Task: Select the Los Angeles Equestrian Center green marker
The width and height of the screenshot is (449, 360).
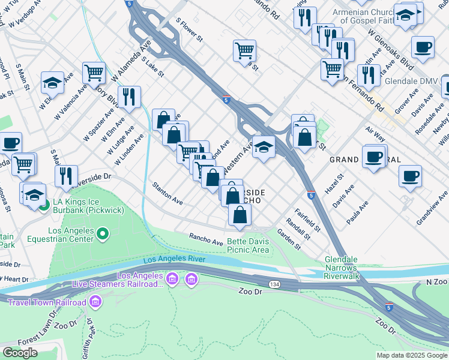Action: click(103, 233)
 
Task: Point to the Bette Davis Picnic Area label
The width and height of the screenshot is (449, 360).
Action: click(247, 245)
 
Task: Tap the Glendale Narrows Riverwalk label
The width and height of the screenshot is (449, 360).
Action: click(341, 268)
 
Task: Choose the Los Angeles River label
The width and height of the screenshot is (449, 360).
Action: click(174, 259)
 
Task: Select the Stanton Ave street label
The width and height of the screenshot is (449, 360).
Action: click(167, 194)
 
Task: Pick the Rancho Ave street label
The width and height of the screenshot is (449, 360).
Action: click(206, 238)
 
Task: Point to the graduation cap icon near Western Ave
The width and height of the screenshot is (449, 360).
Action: click(263, 146)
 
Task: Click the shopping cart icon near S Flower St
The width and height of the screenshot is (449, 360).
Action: click(244, 50)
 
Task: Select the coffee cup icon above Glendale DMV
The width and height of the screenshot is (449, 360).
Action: click(423, 47)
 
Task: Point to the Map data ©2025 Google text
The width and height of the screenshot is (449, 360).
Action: click(411, 355)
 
